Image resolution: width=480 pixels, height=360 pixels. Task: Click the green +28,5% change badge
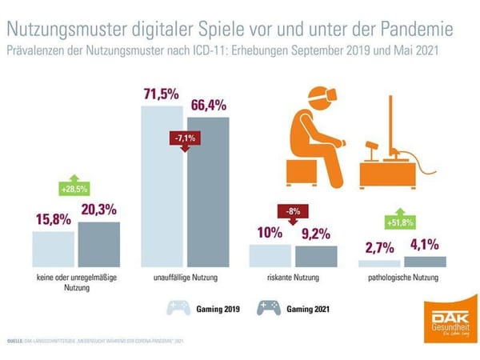[77, 190]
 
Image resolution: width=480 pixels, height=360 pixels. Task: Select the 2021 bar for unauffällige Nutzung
[207, 192]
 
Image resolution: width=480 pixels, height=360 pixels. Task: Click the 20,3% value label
[98, 210]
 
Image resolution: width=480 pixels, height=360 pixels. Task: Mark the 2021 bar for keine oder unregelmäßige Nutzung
[98, 244]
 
